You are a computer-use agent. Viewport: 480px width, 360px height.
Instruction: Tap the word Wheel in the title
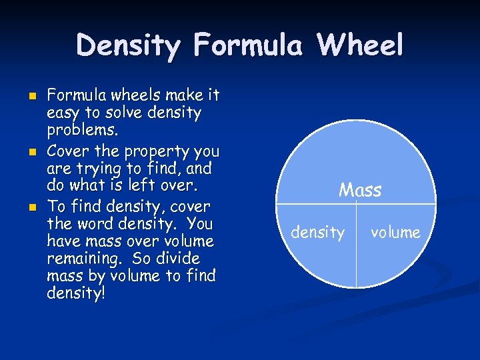pos(360,46)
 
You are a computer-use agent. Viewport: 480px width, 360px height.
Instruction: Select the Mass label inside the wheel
pos(360,191)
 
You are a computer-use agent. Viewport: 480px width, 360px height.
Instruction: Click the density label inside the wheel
pos(318,233)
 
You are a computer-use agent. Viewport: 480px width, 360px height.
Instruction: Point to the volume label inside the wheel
pos(395,233)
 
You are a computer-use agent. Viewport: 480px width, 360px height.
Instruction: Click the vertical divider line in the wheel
pos(357,247)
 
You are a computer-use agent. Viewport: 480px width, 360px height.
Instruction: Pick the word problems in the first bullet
pos(76,131)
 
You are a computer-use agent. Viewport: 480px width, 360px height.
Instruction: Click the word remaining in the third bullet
pos(77,259)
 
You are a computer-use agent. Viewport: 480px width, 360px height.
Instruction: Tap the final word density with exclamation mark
pos(76,293)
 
